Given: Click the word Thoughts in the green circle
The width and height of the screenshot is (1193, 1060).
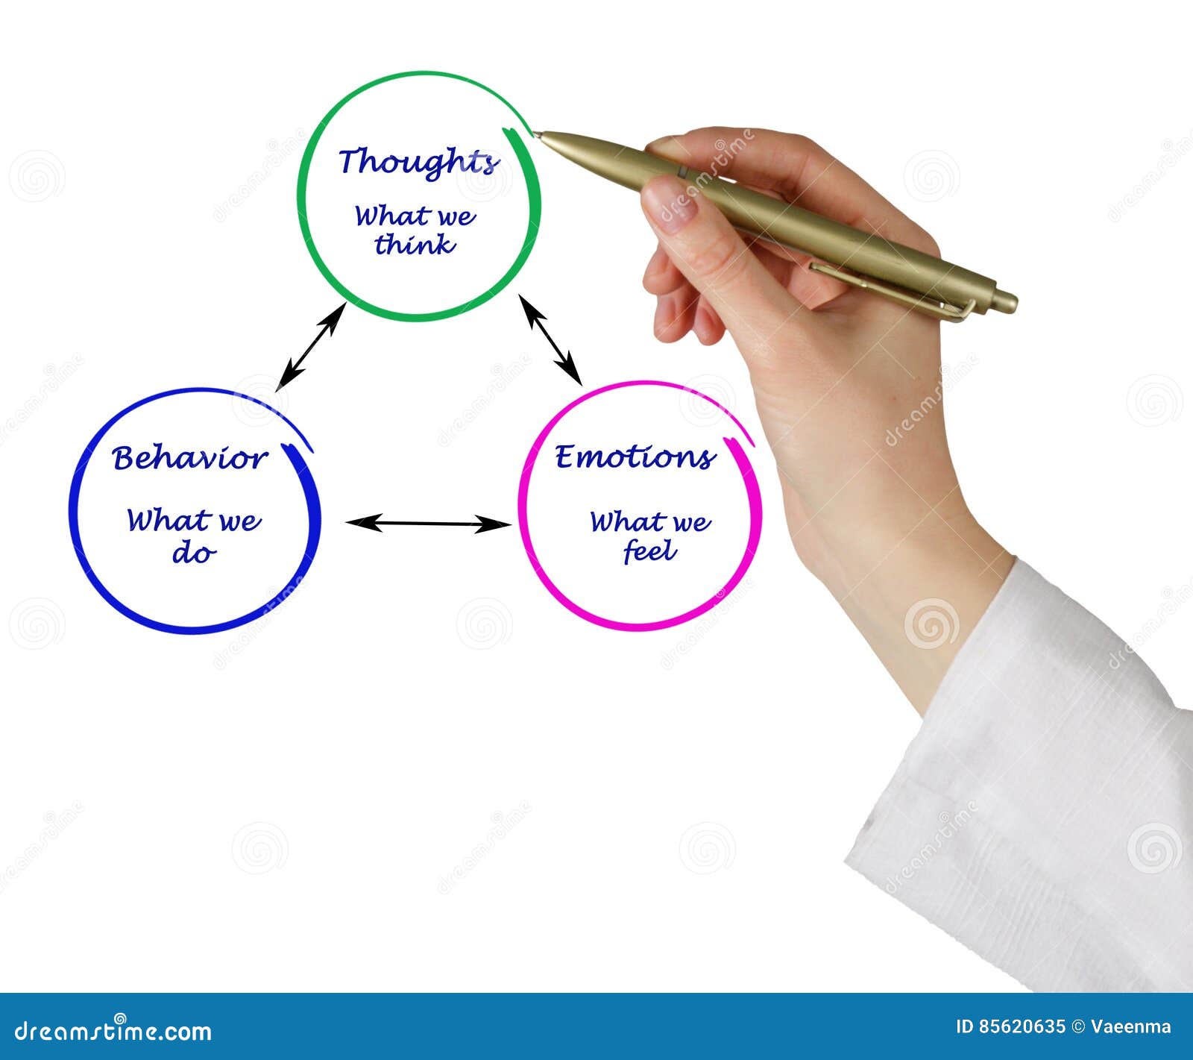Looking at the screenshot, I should point(418,162).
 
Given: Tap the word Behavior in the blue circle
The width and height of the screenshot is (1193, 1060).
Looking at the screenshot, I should point(189,458).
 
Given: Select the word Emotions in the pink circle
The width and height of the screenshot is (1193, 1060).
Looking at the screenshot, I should point(635,457).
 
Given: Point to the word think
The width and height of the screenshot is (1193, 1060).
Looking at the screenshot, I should point(415,245).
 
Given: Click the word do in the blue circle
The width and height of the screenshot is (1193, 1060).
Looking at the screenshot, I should point(194,553).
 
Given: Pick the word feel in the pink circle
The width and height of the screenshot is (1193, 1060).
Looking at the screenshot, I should point(649,552).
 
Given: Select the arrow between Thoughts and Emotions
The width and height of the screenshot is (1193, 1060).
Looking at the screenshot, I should point(550,339).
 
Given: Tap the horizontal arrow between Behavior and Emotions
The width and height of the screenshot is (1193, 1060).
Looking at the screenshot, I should point(429,523).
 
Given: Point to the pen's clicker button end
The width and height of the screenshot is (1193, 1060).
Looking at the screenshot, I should point(1007,301).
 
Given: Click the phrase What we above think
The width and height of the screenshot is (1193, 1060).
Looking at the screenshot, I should point(415,216).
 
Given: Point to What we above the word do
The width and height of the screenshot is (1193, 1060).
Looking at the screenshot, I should point(194,520).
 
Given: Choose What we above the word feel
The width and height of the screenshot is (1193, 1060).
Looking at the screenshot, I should point(649,521).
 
